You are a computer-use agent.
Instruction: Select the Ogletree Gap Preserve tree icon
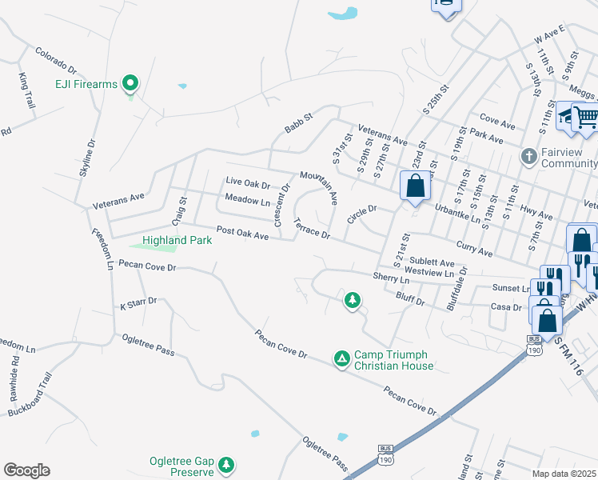click(226, 463)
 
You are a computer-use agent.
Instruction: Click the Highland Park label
click(177, 240)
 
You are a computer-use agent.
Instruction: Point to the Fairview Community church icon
click(528, 156)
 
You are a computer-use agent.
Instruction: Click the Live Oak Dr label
click(249, 182)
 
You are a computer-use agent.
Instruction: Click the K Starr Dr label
click(138, 305)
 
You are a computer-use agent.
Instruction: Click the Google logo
click(26, 470)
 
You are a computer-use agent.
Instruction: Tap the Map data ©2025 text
click(563, 474)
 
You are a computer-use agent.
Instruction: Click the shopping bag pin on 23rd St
click(416, 187)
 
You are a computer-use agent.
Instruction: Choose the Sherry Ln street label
click(391, 278)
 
